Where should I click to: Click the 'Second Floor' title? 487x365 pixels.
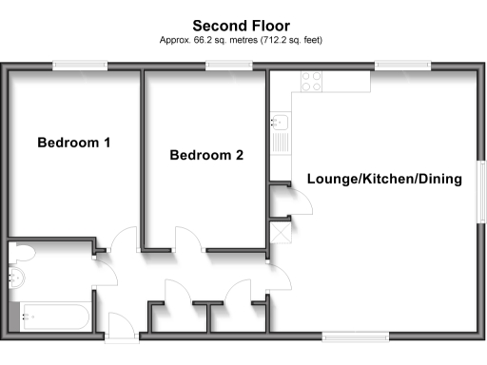coord(243,26)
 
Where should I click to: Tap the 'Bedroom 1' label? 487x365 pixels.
coord(74,144)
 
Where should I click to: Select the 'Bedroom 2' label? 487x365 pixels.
coord(206,155)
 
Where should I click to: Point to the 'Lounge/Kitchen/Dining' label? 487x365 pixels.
coord(383,179)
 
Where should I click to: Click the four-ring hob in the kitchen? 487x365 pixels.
coord(312,81)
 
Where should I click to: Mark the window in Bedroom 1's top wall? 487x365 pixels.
coord(79,66)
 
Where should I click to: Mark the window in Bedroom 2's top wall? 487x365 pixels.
coord(222,66)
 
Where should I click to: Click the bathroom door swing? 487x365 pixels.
coord(105,276)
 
